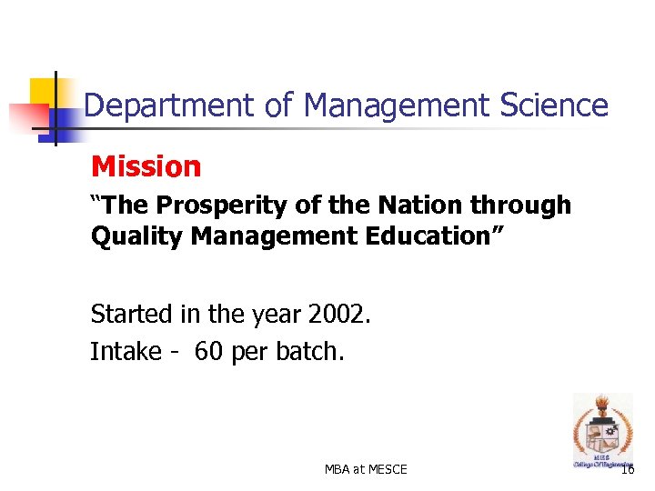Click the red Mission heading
coord(146,166)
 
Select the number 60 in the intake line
coord(208,352)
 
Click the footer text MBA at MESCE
coord(366,469)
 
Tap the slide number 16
coord(628,469)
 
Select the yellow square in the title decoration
coord(43,93)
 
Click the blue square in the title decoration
coord(65,119)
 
